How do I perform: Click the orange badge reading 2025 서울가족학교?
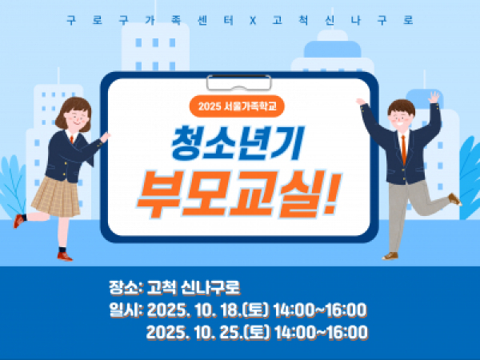point(237,106)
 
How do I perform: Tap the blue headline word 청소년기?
point(238,143)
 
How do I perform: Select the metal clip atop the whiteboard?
point(238,82)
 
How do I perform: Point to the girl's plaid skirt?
point(56,196)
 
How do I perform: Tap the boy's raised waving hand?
point(434,97)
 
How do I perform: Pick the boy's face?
point(401,118)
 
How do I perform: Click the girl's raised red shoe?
point(18,221)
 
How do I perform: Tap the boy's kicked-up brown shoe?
point(455,199)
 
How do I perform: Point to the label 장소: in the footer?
point(126,287)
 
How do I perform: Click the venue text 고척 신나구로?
point(194,287)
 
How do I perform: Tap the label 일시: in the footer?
point(126,310)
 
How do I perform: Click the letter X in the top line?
point(253,21)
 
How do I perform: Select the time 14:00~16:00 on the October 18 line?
point(319,310)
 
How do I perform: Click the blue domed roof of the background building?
point(333,49)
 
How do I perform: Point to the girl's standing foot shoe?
point(65,256)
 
